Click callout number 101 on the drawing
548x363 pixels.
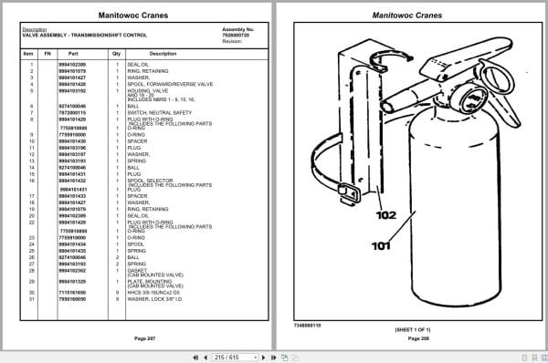coord(380,245)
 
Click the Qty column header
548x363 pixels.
coord(116,54)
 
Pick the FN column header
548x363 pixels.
coord(48,54)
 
